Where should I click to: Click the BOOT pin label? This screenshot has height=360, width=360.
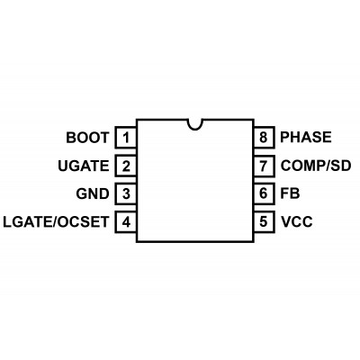pyautogui.click(x=87, y=138)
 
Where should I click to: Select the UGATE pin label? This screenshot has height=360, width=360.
pyautogui.click(x=84, y=166)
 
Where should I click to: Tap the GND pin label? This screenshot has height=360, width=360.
pyautogui.click(x=93, y=193)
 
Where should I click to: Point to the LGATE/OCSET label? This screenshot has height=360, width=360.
pyautogui.click(x=56, y=222)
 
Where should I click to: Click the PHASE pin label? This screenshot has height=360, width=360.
pyautogui.click(x=306, y=137)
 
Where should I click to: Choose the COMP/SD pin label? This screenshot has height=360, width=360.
pyautogui.click(x=316, y=166)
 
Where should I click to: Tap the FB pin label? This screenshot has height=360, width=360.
pyautogui.click(x=290, y=193)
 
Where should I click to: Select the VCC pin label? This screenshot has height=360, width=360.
pyautogui.click(x=296, y=221)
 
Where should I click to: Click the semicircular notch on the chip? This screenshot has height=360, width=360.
pyautogui.click(x=195, y=129)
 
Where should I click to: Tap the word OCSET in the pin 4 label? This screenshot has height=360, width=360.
pyautogui.click(x=83, y=222)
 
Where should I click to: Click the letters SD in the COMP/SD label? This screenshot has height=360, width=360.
pyautogui.click(x=342, y=166)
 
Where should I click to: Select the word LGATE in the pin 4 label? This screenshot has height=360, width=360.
pyautogui.click(x=28, y=222)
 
